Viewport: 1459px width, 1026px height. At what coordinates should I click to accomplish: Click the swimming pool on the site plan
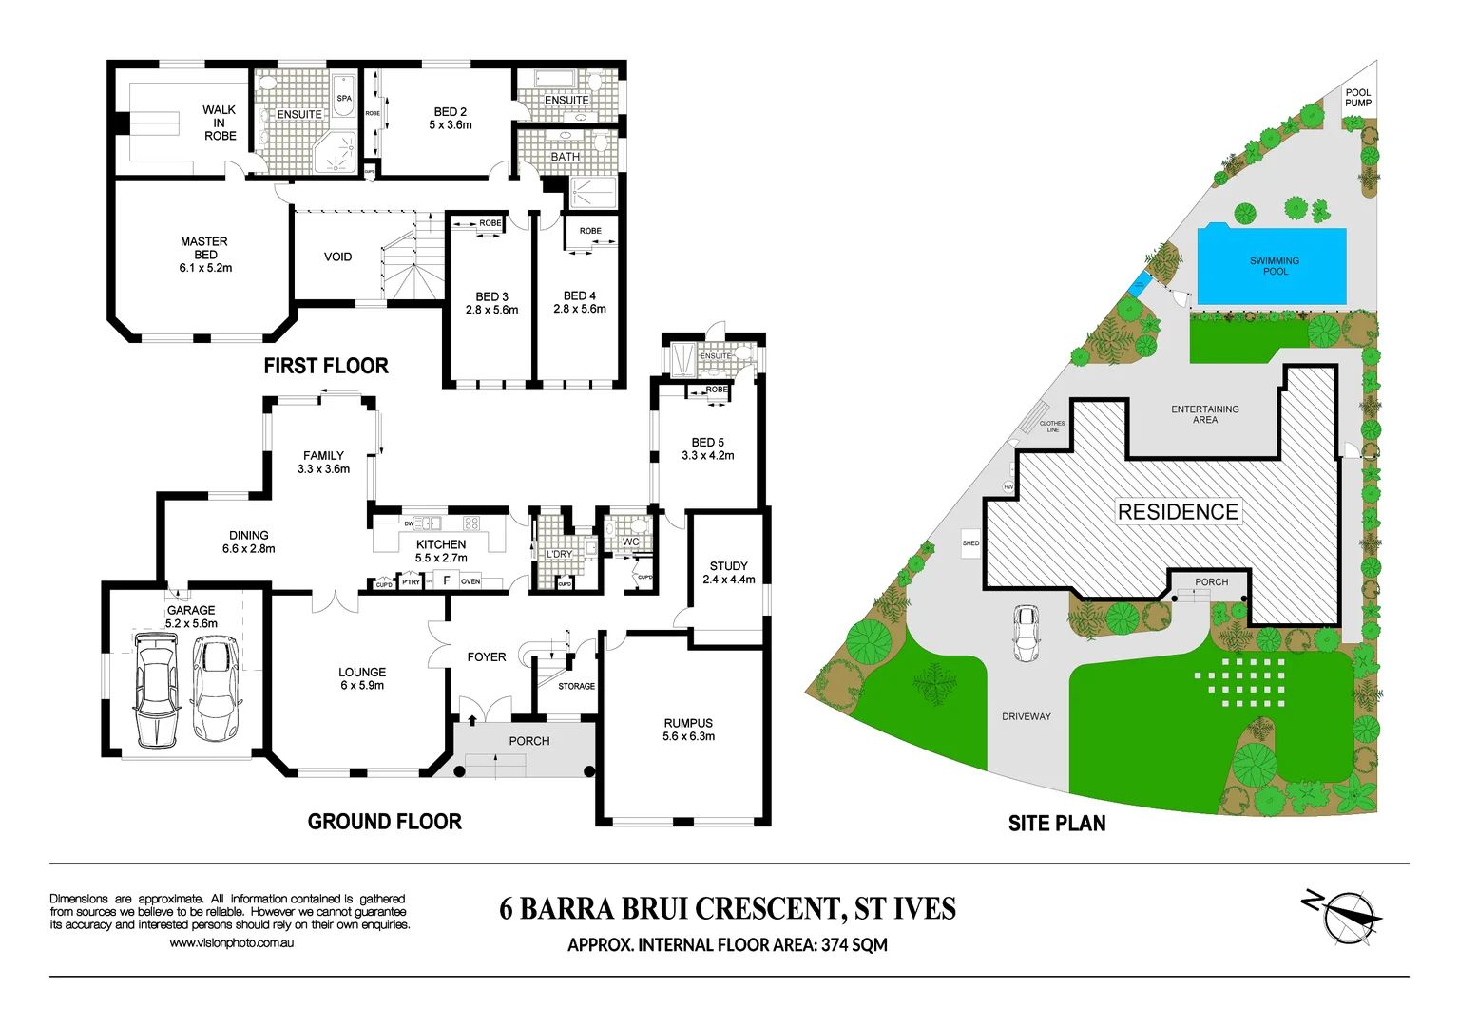point(1272,266)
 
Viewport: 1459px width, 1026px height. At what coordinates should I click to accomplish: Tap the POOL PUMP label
point(1357,98)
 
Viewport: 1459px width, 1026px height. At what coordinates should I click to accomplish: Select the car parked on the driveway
point(1026,633)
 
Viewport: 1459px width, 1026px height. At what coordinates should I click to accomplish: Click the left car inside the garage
point(156,691)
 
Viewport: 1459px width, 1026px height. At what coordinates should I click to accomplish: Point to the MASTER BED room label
point(205,255)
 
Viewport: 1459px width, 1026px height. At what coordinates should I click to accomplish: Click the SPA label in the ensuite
point(344,98)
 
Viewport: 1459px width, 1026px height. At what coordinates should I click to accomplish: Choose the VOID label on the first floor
point(337,256)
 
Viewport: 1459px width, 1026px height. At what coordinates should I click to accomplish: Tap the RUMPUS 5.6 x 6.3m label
point(688,730)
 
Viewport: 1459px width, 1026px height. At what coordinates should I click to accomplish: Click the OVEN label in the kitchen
point(470,581)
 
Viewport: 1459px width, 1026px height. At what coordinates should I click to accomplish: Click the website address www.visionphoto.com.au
point(231,943)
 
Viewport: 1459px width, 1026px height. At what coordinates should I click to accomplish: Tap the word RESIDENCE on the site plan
point(1178,512)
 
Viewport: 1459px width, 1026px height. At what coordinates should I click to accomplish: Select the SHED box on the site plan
point(970,543)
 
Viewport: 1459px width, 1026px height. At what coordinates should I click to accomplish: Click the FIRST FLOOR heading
point(326,366)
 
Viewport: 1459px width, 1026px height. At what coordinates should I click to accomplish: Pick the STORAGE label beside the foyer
point(576,686)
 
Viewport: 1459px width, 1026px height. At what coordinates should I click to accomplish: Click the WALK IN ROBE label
point(220,123)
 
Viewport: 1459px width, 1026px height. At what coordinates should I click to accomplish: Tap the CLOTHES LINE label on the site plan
point(1052,427)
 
